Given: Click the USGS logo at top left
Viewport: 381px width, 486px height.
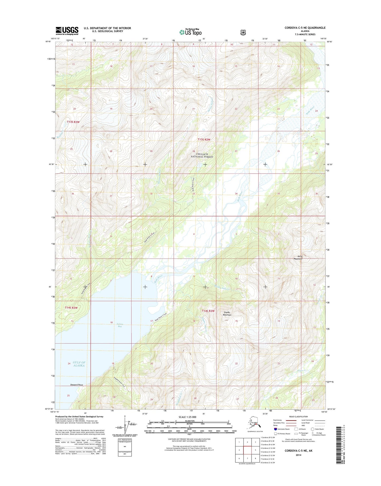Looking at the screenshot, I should [67, 31].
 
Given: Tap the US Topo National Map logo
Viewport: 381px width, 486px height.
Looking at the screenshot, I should [190, 32].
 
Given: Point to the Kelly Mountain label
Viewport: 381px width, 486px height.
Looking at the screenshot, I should [298, 258].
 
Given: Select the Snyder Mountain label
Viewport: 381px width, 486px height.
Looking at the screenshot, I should [227, 313].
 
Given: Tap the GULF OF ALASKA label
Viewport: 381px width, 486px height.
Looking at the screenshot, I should [79, 364].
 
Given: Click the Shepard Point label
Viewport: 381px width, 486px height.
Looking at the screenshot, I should [76, 385].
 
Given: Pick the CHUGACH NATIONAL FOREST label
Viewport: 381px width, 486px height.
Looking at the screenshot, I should [202, 155].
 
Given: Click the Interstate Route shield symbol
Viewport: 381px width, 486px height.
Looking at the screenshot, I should [276, 429].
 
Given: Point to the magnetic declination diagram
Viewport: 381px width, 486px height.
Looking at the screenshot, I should [126, 428].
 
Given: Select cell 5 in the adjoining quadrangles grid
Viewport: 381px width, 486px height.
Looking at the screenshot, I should [255, 450].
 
